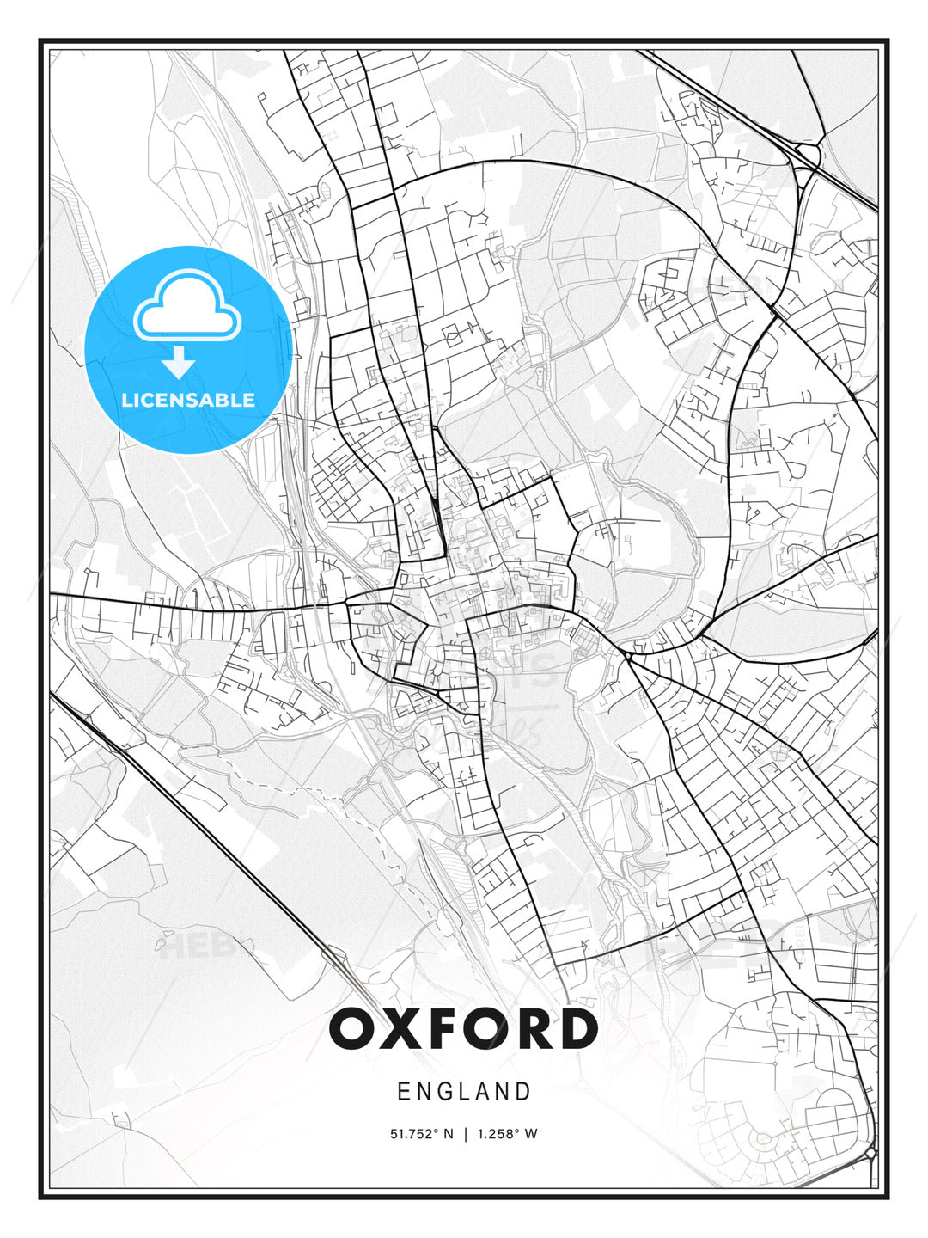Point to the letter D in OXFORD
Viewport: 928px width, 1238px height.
tap(577, 1029)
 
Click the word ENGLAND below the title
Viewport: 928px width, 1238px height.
tap(464, 1092)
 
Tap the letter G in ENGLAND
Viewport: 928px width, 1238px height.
tap(446, 1092)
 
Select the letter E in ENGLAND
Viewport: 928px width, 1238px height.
tap(403, 1092)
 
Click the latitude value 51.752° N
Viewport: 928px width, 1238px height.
tap(421, 1134)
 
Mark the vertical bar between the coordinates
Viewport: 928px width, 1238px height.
tap(465, 1134)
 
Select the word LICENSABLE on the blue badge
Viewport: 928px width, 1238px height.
tap(188, 400)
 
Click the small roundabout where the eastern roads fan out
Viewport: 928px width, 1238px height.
tap(629, 656)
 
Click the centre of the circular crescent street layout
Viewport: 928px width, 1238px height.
tap(762, 1140)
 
